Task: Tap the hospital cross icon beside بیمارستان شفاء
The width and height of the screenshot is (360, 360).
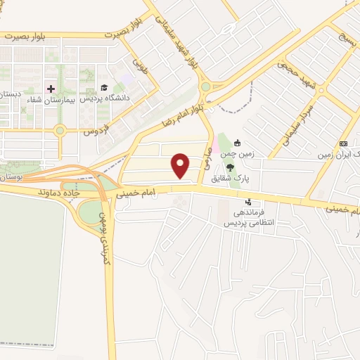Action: (x=50, y=89)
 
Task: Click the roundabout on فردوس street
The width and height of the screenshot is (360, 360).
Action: (x=60, y=130)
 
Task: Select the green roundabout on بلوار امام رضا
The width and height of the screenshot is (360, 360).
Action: (x=206, y=87)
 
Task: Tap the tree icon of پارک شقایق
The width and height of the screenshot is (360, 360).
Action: (x=230, y=168)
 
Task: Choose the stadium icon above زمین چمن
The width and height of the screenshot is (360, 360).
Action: (x=238, y=143)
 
